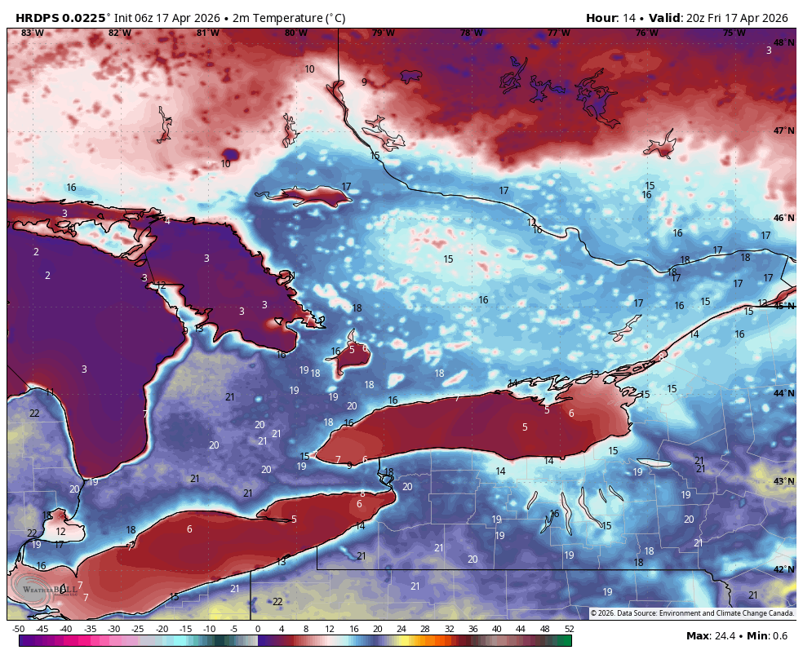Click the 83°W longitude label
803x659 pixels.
32,33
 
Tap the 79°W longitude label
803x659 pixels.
384,33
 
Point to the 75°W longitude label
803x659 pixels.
734,33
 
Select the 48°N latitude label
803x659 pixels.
783,42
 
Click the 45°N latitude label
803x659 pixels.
783,306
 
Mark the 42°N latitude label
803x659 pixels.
783,569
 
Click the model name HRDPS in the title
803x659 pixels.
40,18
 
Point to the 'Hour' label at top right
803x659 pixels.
601,18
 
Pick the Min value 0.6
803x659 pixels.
780,635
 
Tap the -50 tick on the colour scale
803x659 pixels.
18,629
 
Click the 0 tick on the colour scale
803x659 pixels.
258,629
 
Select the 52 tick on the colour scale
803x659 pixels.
568,629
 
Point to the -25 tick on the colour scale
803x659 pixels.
138,629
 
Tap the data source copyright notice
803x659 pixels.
691,613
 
